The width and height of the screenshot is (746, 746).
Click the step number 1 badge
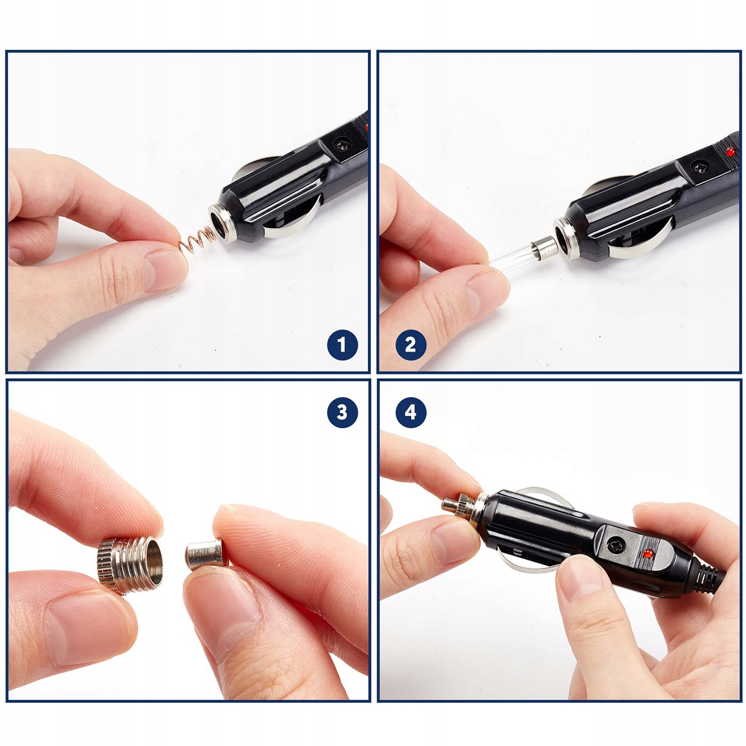[x=342, y=345]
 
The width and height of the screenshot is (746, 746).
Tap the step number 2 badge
[x=411, y=345]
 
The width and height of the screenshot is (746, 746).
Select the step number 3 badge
[x=342, y=412]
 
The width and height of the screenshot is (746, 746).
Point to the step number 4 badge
[x=411, y=412]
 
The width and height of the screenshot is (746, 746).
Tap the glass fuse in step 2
[x=522, y=253]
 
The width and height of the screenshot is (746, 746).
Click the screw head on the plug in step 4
[x=617, y=546]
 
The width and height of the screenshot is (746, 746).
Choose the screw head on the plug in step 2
[x=700, y=166]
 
